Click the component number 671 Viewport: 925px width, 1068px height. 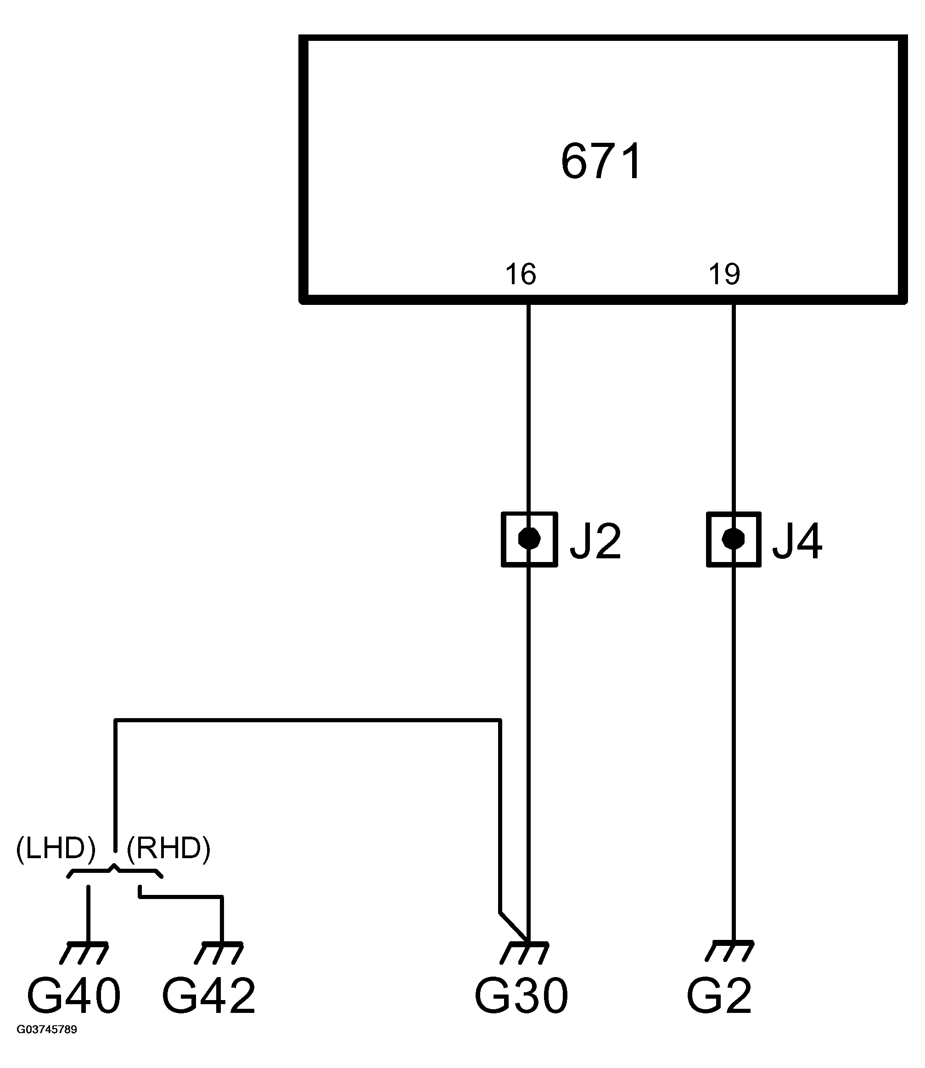click(x=601, y=162)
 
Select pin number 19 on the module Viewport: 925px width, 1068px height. click(x=724, y=274)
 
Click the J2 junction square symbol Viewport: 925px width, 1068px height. click(x=529, y=540)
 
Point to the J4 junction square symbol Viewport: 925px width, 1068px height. click(x=734, y=540)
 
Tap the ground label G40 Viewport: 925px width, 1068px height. click(x=74, y=996)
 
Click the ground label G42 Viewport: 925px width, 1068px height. click(x=209, y=996)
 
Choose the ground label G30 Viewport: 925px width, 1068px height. click(x=521, y=996)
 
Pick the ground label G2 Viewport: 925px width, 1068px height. click(x=719, y=996)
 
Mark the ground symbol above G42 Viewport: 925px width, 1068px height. click(x=219, y=952)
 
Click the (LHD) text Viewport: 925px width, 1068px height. click(x=56, y=849)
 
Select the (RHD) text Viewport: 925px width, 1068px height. click(x=169, y=849)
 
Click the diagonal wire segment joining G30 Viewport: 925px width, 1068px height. click(x=514, y=927)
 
